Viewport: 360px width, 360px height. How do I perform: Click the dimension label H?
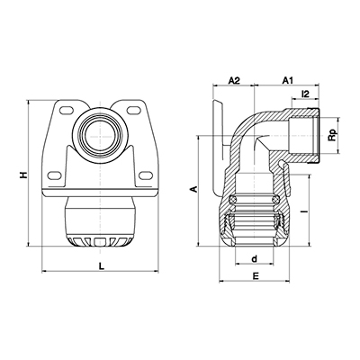22,175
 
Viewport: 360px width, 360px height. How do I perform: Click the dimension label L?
102,265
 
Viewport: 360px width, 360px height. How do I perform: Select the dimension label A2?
234,80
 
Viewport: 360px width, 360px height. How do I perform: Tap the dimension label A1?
288,80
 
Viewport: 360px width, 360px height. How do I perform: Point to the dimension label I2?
305,94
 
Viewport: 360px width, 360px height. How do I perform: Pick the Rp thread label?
332,136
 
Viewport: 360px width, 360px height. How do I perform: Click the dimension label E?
256,275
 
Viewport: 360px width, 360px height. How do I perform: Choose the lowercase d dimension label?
255,258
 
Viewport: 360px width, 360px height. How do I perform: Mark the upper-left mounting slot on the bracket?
67,110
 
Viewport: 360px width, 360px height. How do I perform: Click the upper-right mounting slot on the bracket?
133,110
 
